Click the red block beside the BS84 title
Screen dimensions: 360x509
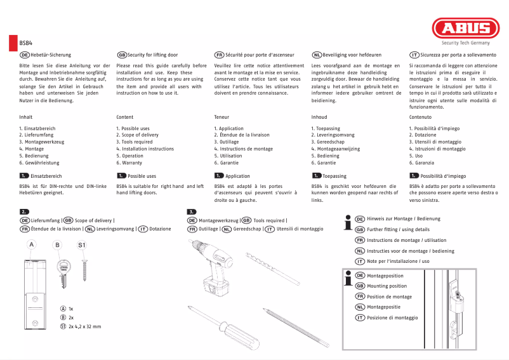click(x=13, y=43)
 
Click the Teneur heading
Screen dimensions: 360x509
click(x=221, y=117)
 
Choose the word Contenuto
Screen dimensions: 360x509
click(x=420, y=117)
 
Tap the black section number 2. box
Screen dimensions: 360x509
click(x=25, y=211)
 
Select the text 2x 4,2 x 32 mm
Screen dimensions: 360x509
click(x=84, y=326)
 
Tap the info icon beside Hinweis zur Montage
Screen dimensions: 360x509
click(x=347, y=222)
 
